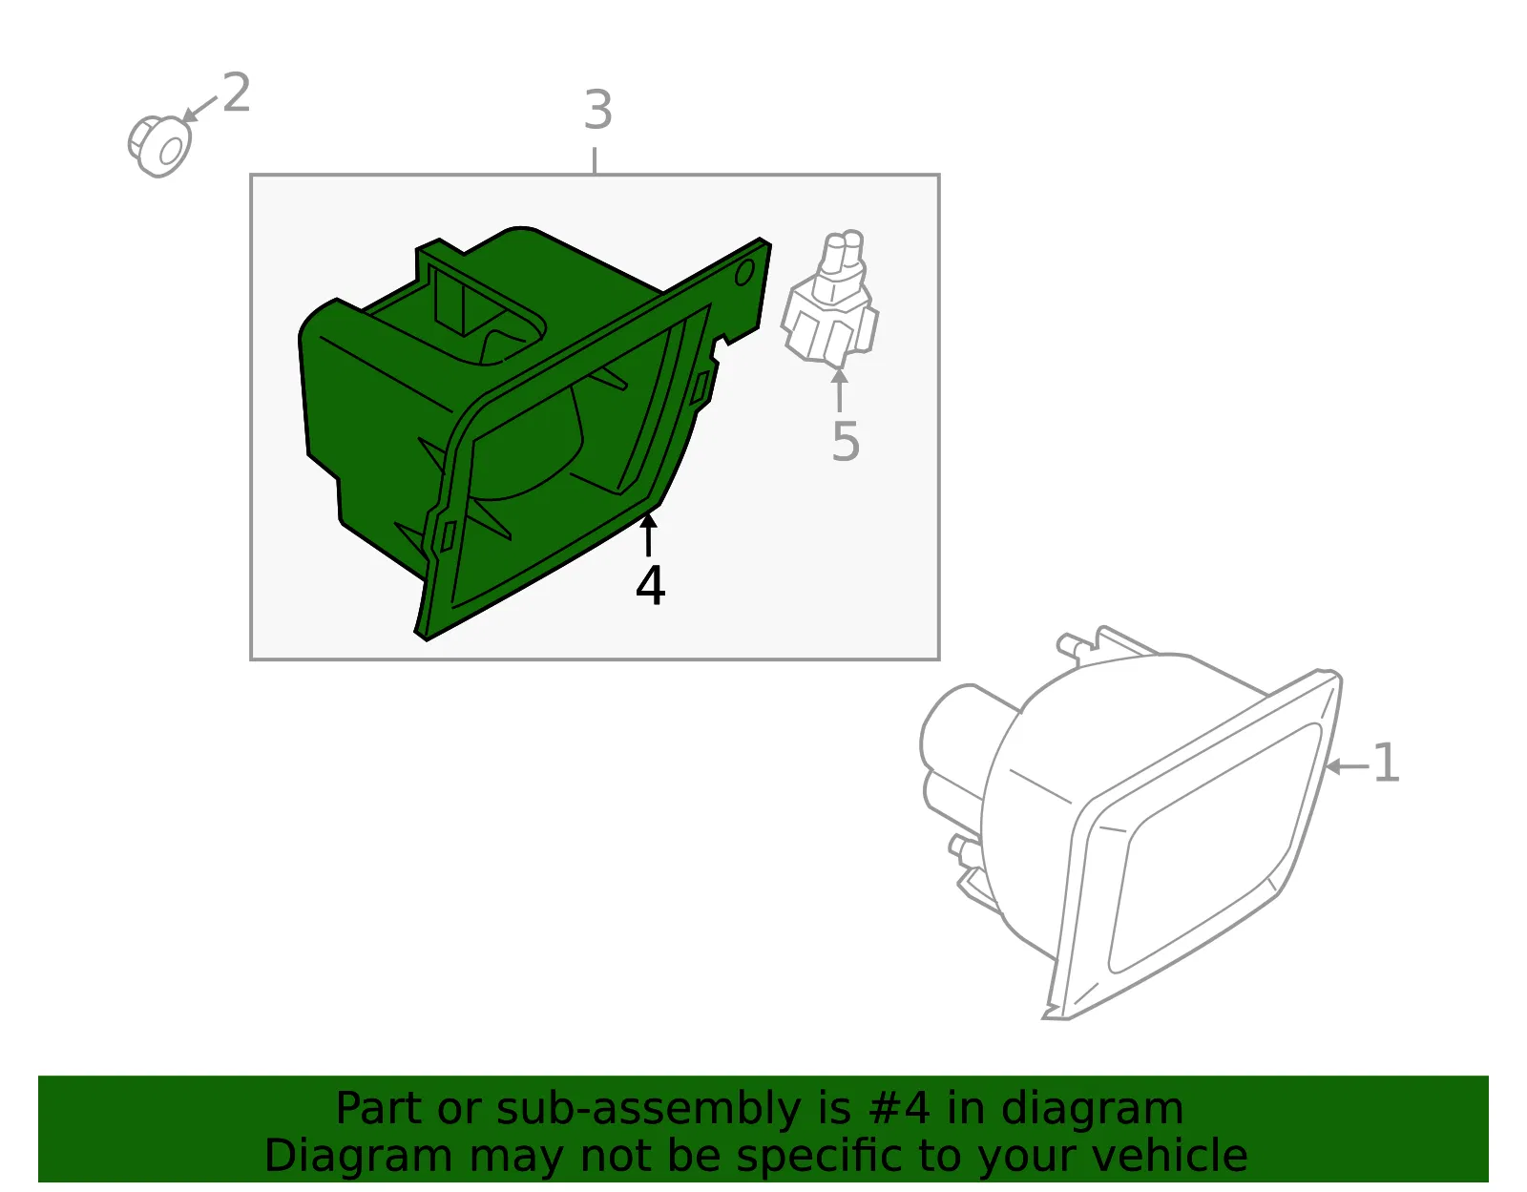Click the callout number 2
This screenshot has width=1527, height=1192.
[x=237, y=93]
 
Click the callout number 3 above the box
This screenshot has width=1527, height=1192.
[x=598, y=111]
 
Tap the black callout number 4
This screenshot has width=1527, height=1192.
[x=650, y=585]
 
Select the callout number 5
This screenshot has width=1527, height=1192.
[x=846, y=441]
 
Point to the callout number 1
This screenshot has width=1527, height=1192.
[x=1386, y=763]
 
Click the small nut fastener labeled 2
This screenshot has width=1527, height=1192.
[x=159, y=147]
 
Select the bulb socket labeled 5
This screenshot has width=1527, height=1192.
[x=830, y=300]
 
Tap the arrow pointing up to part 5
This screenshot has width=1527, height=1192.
[x=840, y=389]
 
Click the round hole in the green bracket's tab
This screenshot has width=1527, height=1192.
[x=744, y=273]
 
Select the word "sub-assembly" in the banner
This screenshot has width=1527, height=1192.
[x=648, y=1108]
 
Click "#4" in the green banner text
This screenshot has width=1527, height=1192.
[x=899, y=1107]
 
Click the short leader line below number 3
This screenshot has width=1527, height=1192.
[x=596, y=160]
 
